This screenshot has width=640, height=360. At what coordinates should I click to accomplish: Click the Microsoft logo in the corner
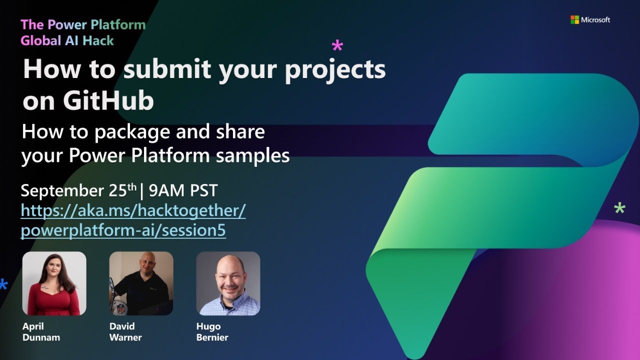tap(574, 19)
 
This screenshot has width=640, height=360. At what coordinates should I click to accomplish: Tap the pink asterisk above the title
tap(337, 46)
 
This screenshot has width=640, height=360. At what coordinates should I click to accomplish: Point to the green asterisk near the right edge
tap(619, 208)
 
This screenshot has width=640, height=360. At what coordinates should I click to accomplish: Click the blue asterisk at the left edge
tap(3, 284)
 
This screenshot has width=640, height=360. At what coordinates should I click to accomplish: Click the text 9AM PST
tap(183, 190)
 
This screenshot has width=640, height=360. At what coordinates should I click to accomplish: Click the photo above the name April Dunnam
tap(54, 283)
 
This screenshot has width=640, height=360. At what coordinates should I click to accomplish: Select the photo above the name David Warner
tap(141, 283)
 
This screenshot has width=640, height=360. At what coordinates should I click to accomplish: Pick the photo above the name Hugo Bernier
tap(228, 283)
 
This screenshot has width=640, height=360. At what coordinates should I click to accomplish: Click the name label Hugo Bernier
tap(212, 332)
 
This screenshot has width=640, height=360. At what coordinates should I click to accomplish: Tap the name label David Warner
tap(125, 332)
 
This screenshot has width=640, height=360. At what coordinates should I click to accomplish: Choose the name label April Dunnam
tap(41, 332)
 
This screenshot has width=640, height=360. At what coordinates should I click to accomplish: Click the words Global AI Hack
tap(67, 40)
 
